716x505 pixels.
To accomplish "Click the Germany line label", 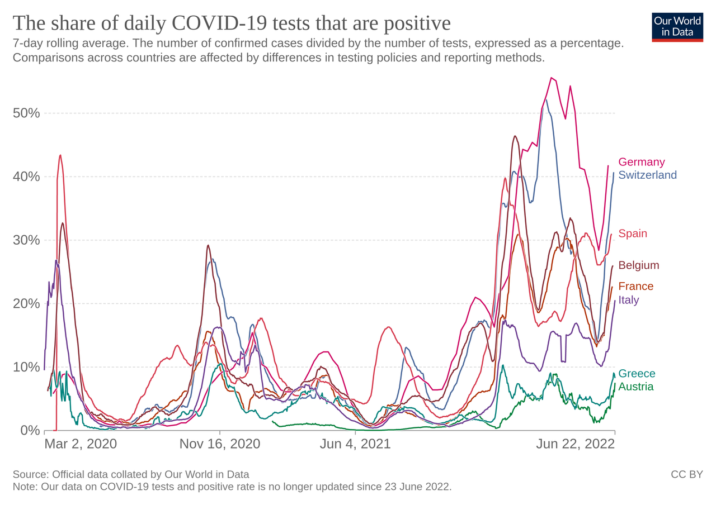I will click(641, 162).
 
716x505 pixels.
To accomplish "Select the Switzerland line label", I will click(647, 175).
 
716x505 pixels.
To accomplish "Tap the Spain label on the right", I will click(632, 234).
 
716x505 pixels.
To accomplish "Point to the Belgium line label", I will click(638, 265).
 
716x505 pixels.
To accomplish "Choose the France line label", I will click(635, 287).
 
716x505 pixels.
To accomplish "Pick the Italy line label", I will click(628, 300).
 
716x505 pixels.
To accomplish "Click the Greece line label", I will click(637, 374).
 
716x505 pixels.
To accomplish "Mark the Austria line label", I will click(635, 387).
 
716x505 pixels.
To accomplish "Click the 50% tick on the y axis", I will click(26, 113).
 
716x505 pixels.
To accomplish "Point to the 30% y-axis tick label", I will click(26, 240).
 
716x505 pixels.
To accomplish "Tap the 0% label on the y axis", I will click(30, 431).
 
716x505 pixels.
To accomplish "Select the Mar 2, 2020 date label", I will click(81, 444).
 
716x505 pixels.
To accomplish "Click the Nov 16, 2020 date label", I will click(220, 444).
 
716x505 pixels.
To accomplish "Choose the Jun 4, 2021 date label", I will click(355, 444).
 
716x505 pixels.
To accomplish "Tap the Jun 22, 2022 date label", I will click(575, 444).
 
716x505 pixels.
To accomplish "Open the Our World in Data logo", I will click(677, 27).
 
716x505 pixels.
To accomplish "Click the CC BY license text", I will click(686, 474).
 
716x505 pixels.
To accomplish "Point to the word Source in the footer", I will click(29, 474).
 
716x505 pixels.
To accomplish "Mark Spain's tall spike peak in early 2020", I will click(60, 155).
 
